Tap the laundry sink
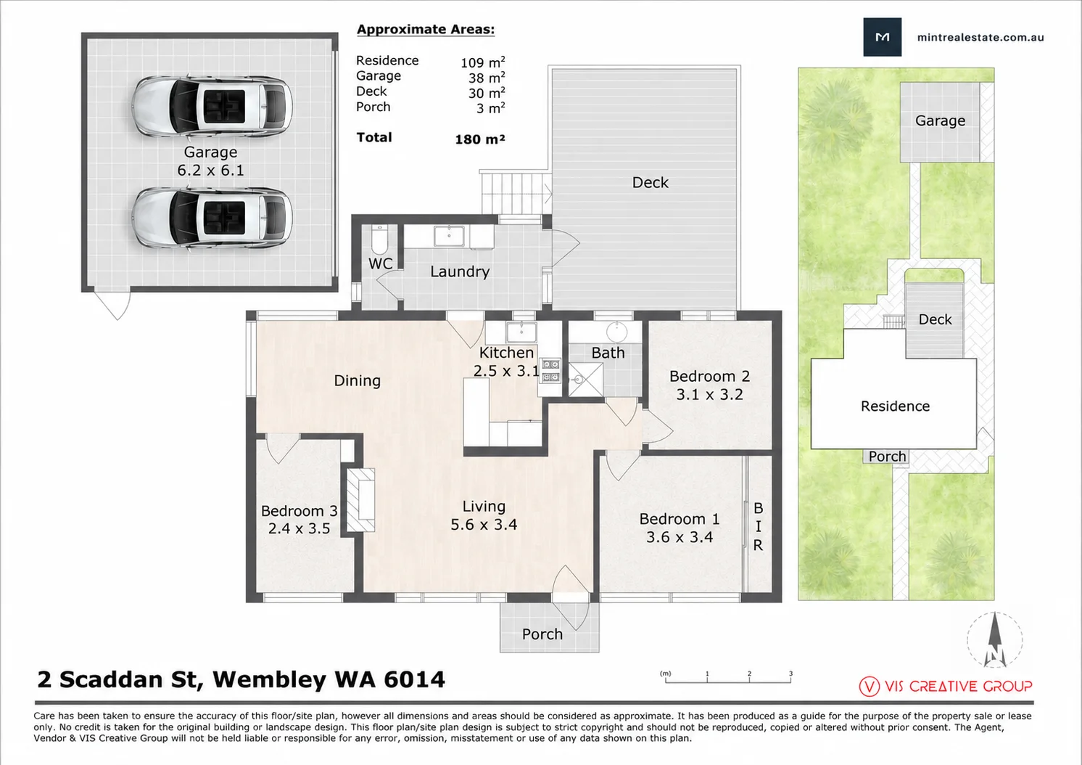[x=449, y=236]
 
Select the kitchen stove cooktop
[x=550, y=370]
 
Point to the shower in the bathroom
[x=586, y=380]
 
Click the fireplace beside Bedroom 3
[x=361, y=500]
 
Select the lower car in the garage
[x=212, y=218]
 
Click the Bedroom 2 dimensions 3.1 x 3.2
[x=709, y=395]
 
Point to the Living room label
[x=484, y=507]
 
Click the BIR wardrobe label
[x=758, y=526]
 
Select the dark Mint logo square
[x=882, y=37]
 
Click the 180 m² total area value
[x=480, y=139]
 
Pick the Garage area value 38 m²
[x=487, y=78]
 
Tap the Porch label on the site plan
[x=887, y=456]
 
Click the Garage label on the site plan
[x=940, y=120]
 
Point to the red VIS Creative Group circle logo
[x=869, y=686]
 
